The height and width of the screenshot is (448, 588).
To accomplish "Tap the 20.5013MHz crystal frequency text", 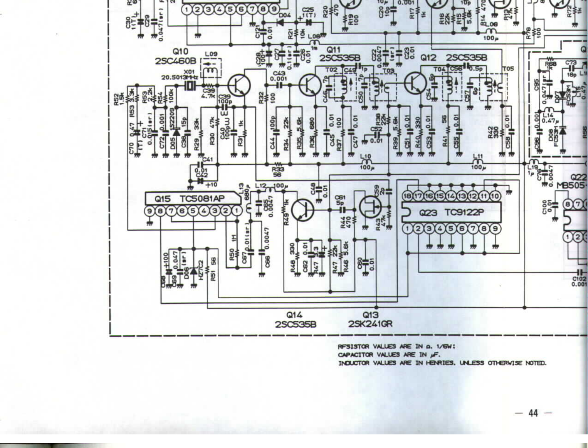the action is coord(180,77).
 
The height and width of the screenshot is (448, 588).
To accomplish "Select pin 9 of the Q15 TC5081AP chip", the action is coord(149,211).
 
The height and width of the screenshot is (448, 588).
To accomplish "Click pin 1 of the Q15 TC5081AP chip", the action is coord(236,211).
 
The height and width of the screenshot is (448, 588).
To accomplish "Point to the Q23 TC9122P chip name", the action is coord(451,213).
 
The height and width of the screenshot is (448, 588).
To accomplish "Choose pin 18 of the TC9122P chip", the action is coord(407,196).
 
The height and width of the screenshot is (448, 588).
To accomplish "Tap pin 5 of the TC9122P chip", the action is coord(451,229).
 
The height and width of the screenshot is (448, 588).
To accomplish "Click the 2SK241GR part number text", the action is coord(370,324).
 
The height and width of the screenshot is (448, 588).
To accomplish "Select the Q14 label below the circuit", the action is coord(294,315).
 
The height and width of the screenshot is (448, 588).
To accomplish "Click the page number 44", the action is coord(533,413).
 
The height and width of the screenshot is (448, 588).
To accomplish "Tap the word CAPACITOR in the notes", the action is coord(355,355).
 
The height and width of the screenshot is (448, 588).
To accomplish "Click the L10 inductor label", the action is coord(366,157).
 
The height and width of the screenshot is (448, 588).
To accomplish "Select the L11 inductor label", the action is coord(478,157).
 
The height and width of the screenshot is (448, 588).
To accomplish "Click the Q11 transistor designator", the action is coord(333,50).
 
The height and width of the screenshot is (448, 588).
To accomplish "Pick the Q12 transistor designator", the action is coord(429,58).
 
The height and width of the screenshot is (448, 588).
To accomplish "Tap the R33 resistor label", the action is coord(278,170).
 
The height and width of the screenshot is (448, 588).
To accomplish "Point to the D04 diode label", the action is coord(284,16).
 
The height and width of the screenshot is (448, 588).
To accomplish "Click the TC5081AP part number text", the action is coord(202,199).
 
